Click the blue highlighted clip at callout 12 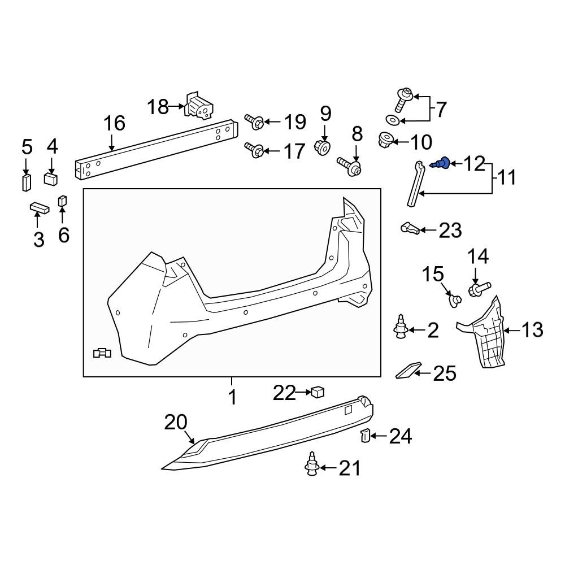441,164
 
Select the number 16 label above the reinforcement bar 114,123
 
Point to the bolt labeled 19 253,120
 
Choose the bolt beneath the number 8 351,165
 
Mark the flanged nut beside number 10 386,139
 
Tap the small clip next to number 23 410,228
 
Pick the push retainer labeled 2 401,328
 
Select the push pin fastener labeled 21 311,466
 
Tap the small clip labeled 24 365,436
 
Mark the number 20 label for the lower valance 175,423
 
